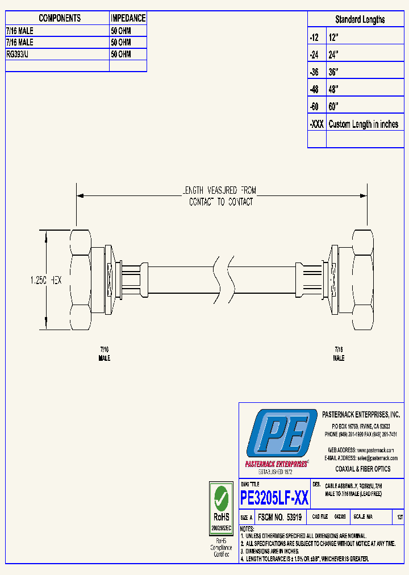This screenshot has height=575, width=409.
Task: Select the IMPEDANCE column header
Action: click(128, 19)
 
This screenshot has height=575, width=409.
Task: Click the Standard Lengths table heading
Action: click(360, 20)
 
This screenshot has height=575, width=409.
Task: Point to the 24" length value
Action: click(333, 55)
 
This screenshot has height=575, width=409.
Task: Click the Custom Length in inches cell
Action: click(364, 124)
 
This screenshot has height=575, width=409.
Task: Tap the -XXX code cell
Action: click(317, 124)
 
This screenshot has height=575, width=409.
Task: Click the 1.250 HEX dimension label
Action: click(45, 280)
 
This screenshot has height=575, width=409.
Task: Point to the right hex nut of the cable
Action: click(363, 280)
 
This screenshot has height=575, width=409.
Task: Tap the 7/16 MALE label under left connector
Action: click(105, 355)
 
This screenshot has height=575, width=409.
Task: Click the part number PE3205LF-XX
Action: click(274, 498)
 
